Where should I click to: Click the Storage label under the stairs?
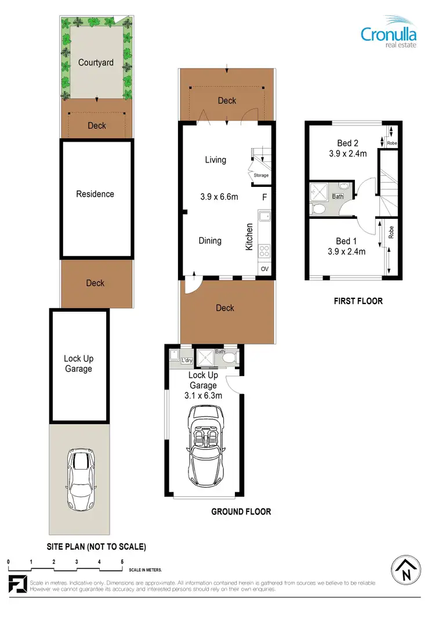pyautogui.click(x=261, y=175)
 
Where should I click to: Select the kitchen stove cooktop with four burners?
pyautogui.click(x=264, y=251)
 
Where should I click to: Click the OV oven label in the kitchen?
pyautogui.click(x=264, y=269)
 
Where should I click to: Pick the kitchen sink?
pyautogui.click(x=264, y=219)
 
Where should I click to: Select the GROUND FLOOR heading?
pyautogui.click(x=241, y=511)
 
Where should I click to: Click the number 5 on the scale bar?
pyautogui.click(x=122, y=562)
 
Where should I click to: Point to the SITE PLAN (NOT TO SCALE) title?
pyautogui.click(x=96, y=546)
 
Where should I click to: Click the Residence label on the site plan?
pyautogui.click(x=95, y=194)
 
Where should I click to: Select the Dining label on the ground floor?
pyautogui.click(x=210, y=240)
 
